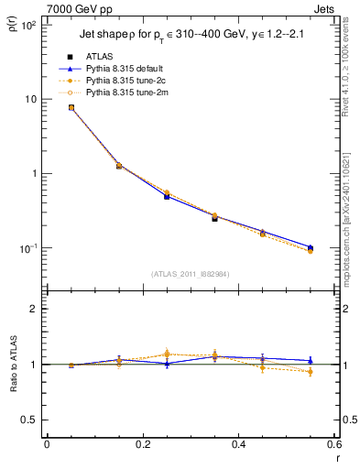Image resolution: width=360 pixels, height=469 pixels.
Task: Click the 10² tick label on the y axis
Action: (28, 25)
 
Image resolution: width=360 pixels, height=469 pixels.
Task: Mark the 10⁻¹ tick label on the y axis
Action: (28, 248)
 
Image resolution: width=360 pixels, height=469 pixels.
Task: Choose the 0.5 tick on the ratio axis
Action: (30, 420)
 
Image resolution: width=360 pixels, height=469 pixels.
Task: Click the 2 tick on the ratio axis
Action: (35, 309)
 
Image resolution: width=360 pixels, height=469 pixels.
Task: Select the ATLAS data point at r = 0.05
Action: (71, 107)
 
